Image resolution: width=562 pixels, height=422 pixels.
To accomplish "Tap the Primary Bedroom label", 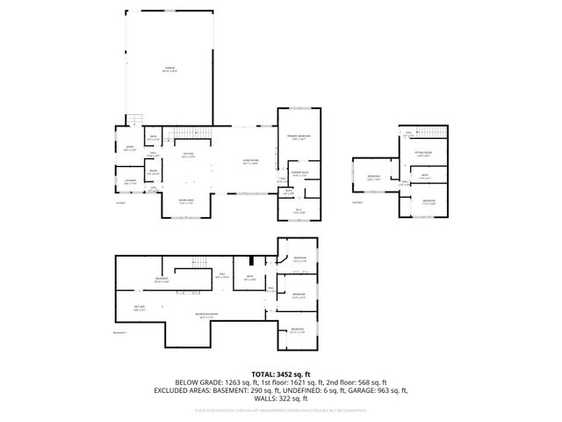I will click(x=298, y=137).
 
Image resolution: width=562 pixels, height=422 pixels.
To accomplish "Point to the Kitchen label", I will click(x=187, y=155).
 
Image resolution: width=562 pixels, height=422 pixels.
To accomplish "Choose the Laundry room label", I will click(x=130, y=182).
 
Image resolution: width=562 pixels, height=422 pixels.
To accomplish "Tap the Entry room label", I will click(x=128, y=149).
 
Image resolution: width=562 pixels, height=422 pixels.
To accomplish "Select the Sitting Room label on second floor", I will click(x=424, y=153).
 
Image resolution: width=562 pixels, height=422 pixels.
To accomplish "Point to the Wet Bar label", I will click(x=139, y=309).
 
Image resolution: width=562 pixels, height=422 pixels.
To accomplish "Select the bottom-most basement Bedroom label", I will click(x=298, y=331).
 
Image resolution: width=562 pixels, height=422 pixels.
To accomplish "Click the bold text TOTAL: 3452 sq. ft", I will click(x=281, y=375).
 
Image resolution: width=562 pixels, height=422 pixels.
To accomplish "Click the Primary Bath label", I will click(x=299, y=173).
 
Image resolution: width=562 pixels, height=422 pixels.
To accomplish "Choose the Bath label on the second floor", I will click(x=424, y=175).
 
